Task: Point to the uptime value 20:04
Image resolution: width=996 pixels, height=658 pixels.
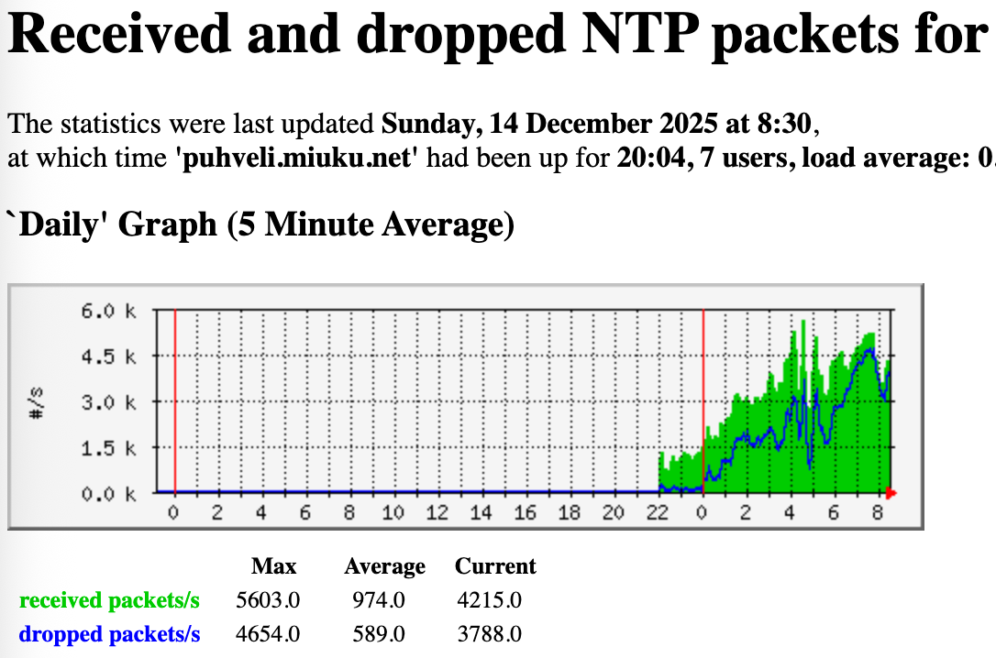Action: point(643,158)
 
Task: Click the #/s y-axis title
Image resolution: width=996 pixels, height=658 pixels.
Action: point(38,403)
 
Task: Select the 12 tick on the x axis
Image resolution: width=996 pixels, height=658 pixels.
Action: point(437,513)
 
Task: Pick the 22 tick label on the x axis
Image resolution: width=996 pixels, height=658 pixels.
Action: point(658,513)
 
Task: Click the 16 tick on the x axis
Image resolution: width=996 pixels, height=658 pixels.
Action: point(526,513)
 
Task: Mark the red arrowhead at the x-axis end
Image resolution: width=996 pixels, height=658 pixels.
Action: point(891,494)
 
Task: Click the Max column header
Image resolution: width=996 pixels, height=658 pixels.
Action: point(274,566)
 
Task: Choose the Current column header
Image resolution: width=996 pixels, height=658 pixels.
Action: point(495,566)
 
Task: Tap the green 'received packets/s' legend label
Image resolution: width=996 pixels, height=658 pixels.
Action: point(109,601)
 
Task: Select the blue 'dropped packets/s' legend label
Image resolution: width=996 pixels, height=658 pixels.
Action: point(109,634)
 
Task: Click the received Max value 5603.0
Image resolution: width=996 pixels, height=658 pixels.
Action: point(268,601)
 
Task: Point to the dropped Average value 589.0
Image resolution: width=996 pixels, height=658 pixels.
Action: point(379,634)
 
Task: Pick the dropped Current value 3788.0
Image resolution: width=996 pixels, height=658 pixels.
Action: point(490,634)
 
